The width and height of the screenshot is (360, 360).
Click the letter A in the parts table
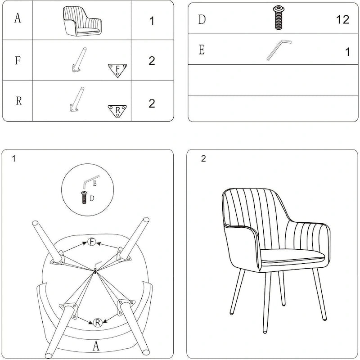18,18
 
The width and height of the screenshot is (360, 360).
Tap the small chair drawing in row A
82,21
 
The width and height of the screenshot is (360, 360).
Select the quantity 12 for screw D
342,19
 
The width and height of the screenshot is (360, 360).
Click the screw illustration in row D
279,18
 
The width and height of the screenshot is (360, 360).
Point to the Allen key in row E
279,50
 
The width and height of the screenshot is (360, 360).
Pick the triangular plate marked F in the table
117,70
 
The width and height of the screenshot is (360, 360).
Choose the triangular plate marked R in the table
117,111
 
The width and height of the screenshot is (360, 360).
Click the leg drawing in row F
79,60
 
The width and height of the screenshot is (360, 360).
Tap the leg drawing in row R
77,99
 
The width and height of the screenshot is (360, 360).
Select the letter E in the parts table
202,49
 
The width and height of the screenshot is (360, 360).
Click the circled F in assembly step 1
92,242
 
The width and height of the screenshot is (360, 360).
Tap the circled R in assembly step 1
97,322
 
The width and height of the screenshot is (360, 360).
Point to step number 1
14,158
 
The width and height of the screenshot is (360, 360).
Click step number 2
203,158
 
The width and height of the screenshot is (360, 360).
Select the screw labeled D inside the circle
84,198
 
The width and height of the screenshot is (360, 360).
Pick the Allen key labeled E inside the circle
91,182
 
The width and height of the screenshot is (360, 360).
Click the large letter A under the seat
96,346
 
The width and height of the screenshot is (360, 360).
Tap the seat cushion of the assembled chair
292,256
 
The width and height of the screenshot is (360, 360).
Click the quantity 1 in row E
347,52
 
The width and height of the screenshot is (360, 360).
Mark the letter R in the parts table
19,100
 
